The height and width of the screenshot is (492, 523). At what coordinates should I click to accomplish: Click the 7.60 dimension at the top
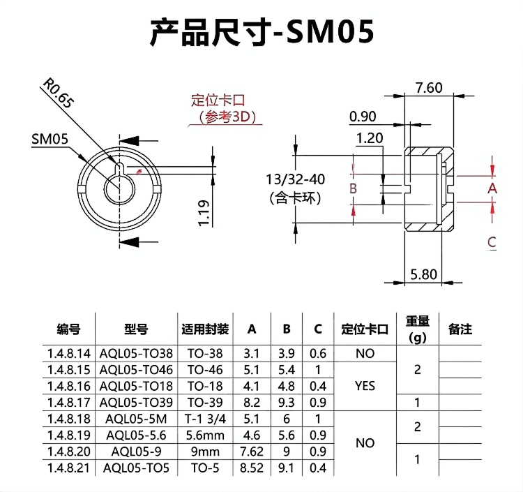click(x=429, y=88)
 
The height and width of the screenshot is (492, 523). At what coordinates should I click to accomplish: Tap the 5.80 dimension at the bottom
click(x=423, y=274)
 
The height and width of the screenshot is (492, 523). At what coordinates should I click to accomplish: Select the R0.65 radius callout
click(x=57, y=93)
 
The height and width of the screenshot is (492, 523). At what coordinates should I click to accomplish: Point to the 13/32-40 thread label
click(x=295, y=179)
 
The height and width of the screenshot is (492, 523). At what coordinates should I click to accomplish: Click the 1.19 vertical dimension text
click(x=204, y=214)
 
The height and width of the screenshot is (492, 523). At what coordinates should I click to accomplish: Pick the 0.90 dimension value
click(x=363, y=117)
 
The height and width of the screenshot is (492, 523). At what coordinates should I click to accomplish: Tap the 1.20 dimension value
click(x=370, y=138)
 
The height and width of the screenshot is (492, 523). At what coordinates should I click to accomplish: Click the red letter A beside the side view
click(x=492, y=188)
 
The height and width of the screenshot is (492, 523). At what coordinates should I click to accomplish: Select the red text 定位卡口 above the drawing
click(x=218, y=100)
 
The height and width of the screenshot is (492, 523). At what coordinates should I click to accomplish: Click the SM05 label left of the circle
click(x=50, y=139)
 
